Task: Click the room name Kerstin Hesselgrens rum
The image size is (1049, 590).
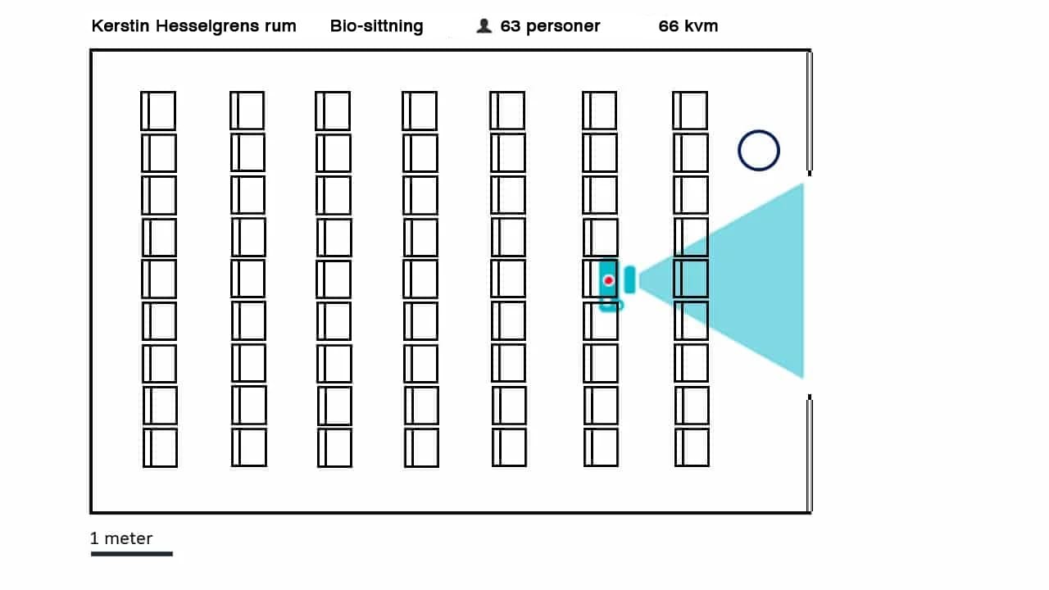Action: pos(193,26)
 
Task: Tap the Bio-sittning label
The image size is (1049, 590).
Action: pos(376,26)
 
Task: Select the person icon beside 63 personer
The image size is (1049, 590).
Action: pos(484,26)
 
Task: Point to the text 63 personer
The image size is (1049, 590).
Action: pos(550,26)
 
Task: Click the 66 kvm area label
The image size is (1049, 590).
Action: pos(688,26)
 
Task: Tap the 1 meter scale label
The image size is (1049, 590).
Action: pos(121,538)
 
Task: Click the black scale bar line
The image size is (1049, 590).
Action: pos(131,554)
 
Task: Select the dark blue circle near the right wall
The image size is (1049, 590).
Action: pos(758,151)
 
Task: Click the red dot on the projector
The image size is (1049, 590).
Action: pos(609,280)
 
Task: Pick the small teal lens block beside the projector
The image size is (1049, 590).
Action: pos(629,280)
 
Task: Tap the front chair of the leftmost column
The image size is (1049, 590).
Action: pos(158,111)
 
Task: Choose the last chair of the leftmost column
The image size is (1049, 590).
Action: pos(160,447)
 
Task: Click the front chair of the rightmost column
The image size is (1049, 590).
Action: pos(690,111)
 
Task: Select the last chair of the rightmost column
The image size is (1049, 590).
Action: pos(692,447)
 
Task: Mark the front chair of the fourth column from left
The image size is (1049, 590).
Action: pos(420,111)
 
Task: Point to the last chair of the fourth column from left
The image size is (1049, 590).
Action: pos(421,447)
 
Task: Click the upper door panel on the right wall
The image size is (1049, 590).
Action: pos(810,111)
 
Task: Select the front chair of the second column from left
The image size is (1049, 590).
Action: pos(247,111)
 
